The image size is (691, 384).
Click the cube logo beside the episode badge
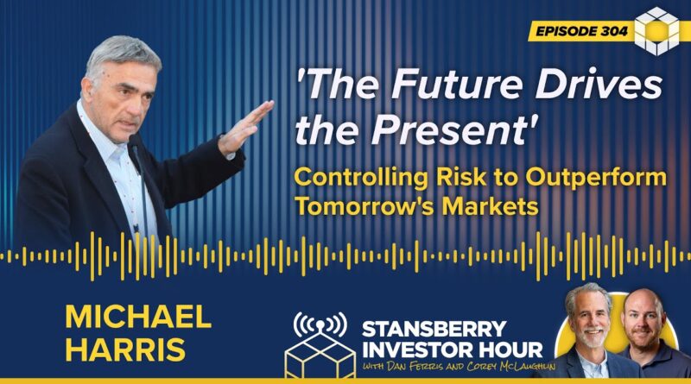[656, 31]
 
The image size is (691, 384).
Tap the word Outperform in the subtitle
[596, 178]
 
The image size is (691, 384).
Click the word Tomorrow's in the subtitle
[365, 206]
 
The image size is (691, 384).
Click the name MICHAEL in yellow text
[138, 316]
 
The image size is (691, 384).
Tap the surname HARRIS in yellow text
[125, 349]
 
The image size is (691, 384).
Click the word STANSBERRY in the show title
[434, 329]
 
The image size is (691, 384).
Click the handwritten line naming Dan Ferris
[459, 367]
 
